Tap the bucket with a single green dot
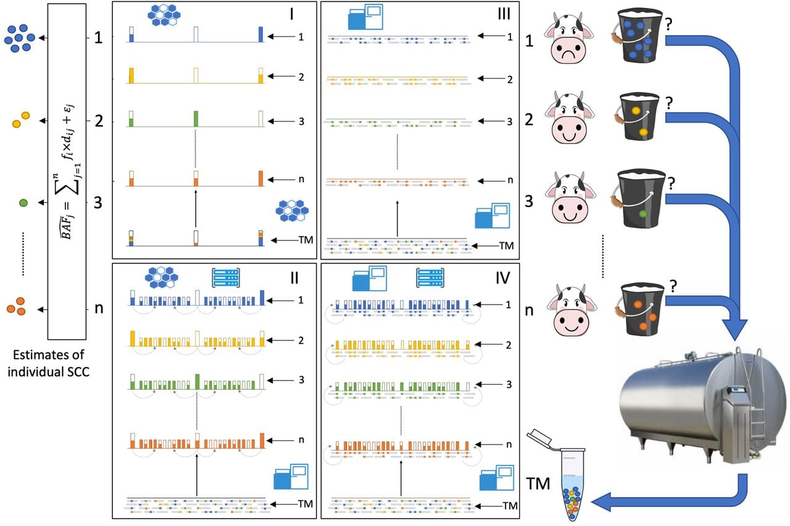(638, 199)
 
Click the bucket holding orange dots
(640, 310)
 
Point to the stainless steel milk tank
(702, 405)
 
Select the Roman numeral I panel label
(292, 14)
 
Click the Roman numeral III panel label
(504, 14)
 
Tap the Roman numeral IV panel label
(502, 278)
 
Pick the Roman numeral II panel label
(294, 278)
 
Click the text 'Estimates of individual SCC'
(49, 363)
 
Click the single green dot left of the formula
(23, 203)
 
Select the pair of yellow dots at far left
(21, 120)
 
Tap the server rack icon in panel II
(226, 277)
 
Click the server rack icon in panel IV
(430, 277)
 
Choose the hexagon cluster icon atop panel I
(164, 15)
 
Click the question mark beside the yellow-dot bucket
(668, 103)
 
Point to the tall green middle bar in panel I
(196, 119)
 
